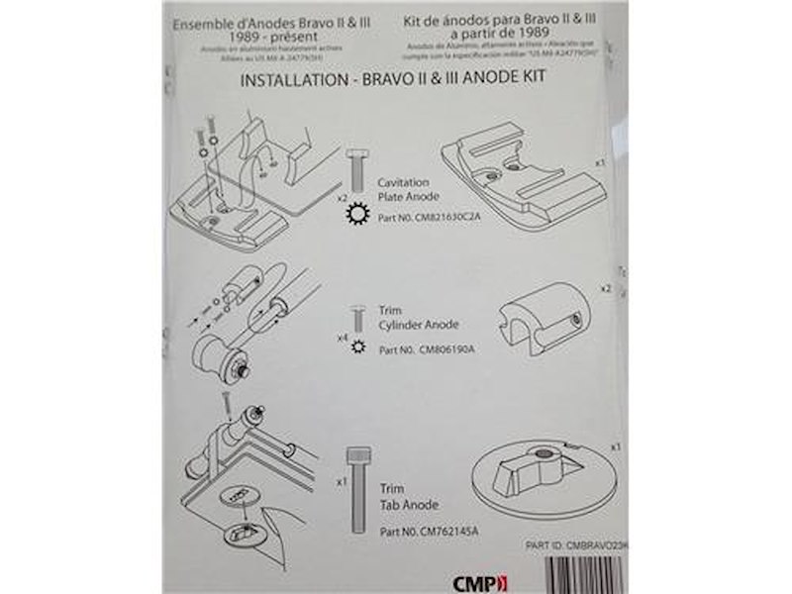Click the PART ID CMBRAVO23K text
(577, 545)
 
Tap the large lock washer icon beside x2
(358, 217)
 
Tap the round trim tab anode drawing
(544, 475)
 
